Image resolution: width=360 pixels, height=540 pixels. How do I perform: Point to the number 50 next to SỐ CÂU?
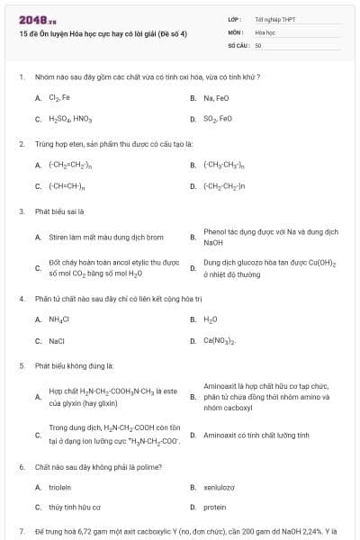click(258, 44)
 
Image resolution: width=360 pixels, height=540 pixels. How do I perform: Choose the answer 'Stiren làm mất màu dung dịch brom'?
click(105, 237)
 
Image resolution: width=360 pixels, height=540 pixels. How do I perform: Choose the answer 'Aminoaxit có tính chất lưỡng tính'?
click(256, 435)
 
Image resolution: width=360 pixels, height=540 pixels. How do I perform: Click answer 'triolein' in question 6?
click(60, 487)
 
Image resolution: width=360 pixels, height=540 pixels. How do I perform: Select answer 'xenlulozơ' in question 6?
click(219, 487)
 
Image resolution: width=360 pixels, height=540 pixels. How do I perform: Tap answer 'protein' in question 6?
click(215, 508)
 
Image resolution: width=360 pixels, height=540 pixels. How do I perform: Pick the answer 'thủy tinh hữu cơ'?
click(75, 508)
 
